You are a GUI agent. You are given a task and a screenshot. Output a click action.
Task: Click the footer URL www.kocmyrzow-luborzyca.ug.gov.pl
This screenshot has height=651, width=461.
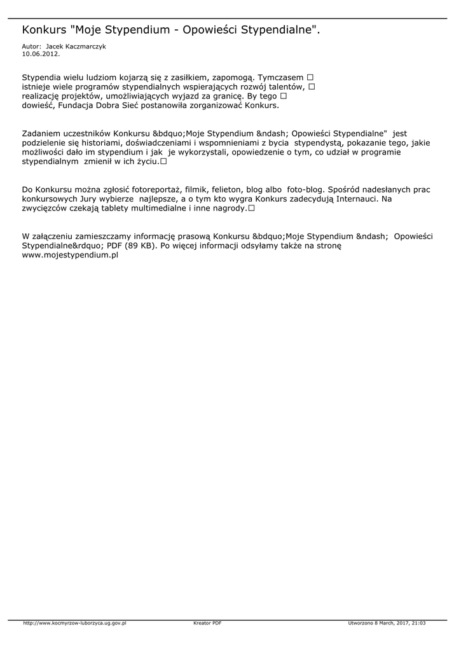tap(75, 624)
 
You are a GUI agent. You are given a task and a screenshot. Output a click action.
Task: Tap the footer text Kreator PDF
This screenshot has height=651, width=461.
tap(207, 624)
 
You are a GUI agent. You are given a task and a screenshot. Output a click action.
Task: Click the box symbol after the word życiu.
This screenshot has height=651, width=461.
tap(163, 162)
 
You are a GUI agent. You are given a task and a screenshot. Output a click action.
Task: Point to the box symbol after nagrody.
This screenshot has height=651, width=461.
tap(252, 209)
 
